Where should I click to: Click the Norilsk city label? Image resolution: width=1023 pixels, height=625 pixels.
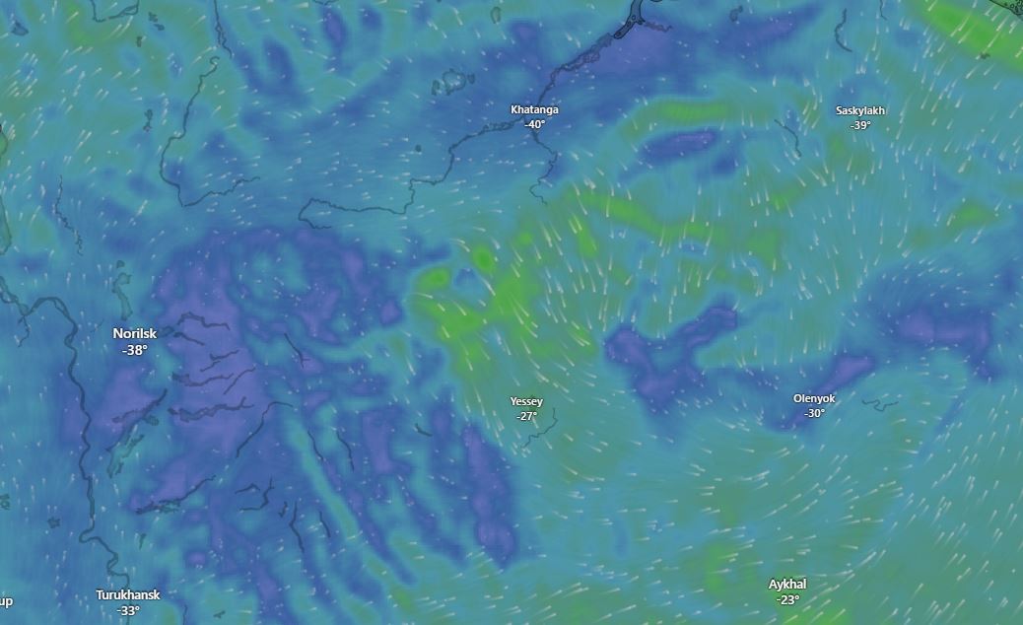(134, 334)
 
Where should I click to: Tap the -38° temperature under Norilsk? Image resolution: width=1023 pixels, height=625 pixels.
(134, 350)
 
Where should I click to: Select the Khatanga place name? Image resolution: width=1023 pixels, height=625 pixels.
(534, 109)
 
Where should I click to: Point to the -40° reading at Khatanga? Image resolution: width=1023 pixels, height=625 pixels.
(534, 124)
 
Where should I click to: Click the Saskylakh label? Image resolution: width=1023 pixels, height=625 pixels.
(859, 110)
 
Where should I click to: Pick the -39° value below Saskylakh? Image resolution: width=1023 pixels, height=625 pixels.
(859, 125)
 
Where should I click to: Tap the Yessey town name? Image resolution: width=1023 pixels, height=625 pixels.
(526, 401)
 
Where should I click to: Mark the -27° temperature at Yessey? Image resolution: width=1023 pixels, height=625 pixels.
(526, 416)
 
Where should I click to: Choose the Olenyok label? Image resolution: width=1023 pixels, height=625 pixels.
(814, 398)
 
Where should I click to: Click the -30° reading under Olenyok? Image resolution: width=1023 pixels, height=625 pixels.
(814, 413)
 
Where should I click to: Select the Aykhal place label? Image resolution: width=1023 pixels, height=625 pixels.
(787, 585)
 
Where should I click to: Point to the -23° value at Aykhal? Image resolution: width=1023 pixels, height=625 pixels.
(787, 599)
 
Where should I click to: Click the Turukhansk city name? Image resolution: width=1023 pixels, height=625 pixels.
(127, 595)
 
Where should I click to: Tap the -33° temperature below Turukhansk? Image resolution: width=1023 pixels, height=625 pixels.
(127, 610)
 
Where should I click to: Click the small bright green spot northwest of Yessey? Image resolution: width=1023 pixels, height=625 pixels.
(483, 259)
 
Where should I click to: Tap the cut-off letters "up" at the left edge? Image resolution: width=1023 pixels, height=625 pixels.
(6, 601)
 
